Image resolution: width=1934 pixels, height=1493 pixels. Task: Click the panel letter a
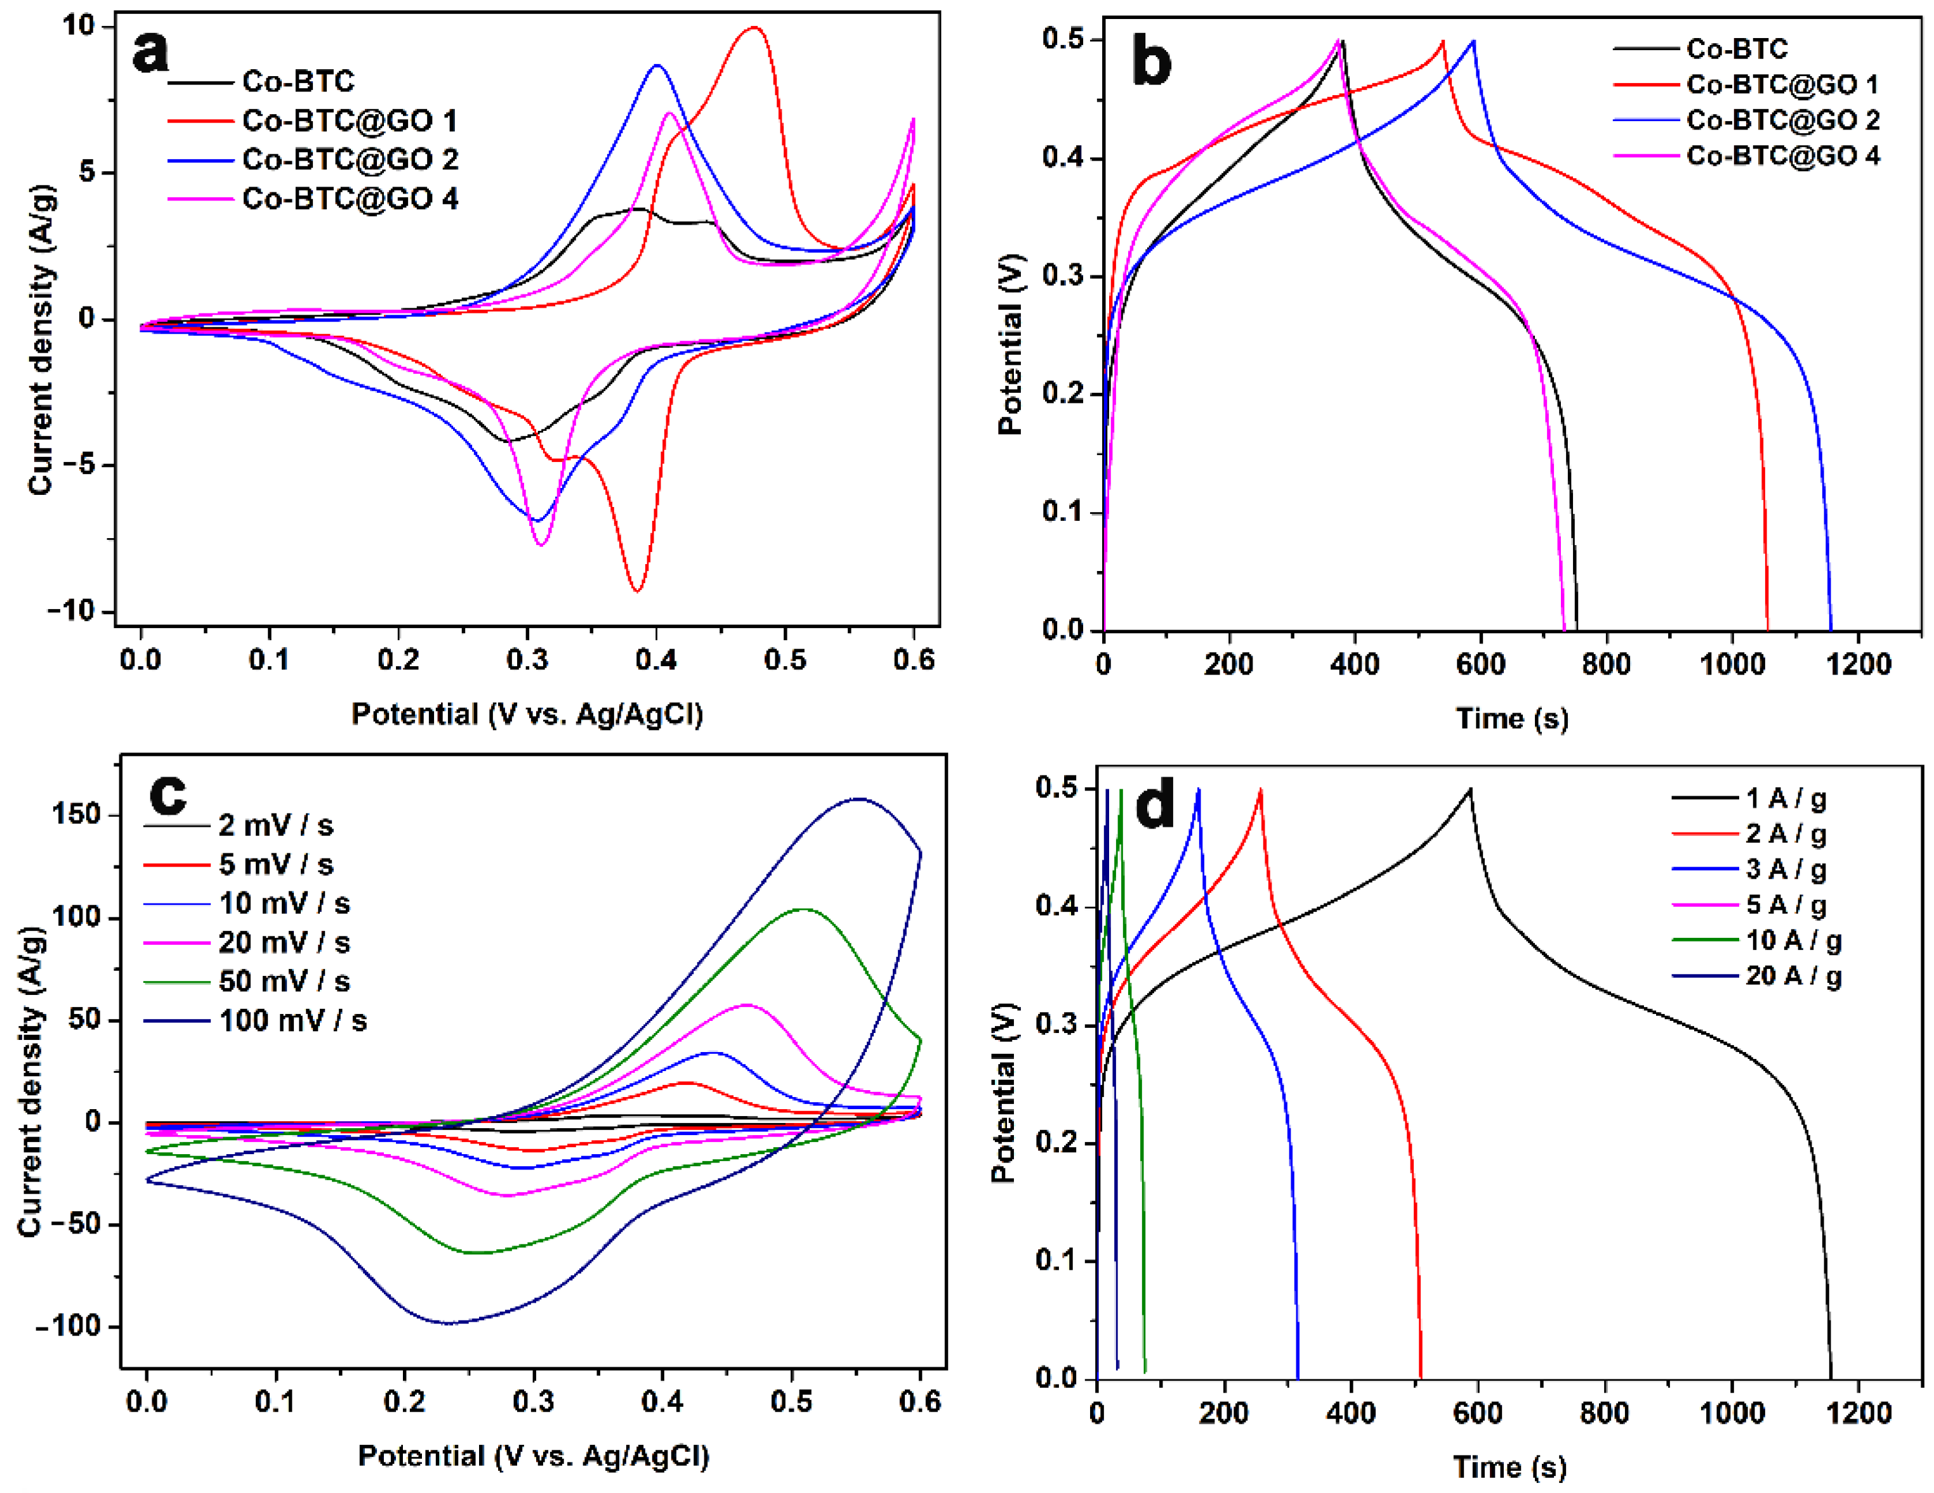pyautogui.click(x=150, y=51)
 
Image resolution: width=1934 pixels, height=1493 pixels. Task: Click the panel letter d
pyautogui.click(x=1155, y=804)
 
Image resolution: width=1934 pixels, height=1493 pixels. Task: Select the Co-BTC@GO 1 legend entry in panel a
pyautogui.click(x=349, y=121)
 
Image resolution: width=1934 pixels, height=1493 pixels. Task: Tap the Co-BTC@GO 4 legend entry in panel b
pyautogui.click(x=1782, y=156)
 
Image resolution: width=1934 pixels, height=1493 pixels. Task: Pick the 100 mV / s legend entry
pyautogui.click(x=293, y=1021)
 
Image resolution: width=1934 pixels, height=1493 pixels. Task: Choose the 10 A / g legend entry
pyautogui.click(x=1793, y=940)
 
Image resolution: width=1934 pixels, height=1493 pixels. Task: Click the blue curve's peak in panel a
pyautogui.click(x=656, y=65)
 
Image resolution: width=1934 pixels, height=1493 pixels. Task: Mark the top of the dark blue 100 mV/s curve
pyautogui.click(x=858, y=799)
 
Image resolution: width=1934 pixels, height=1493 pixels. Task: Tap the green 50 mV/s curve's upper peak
pyautogui.click(x=803, y=909)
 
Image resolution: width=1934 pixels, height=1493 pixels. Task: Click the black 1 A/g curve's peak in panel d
pyautogui.click(x=1470, y=788)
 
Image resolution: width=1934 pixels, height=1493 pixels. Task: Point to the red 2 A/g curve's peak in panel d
pyautogui.click(x=1260, y=789)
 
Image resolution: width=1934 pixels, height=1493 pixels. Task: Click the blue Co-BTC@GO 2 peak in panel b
pyautogui.click(x=1473, y=41)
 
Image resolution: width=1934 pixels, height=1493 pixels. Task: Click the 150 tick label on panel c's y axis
pyautogui.click(x=76, y=815)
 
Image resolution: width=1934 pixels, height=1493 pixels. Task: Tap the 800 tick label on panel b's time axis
pyautogui.click(x=1605, y=663)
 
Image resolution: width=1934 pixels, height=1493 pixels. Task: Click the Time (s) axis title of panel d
pyautogui.click(x=1510, y=1466)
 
